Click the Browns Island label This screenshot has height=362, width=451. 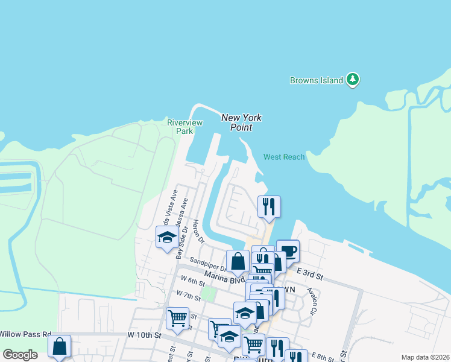[x=316, y=80]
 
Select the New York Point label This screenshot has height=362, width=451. [x=241, y=122]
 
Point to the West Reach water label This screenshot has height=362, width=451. [x=284, y=157]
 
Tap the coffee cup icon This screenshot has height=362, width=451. [x=288, y=250]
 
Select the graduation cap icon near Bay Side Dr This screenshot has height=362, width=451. [x=167, y=237]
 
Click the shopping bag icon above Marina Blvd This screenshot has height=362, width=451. [x=238, y=261]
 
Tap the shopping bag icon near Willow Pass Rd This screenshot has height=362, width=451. [x=59, y=346]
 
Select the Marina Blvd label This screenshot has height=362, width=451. [x=224, y=277]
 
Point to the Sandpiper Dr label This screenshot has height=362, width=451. [x=207, y=264]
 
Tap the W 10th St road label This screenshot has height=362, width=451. [x=145, y=334]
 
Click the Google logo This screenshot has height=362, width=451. [x=20, y=355]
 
